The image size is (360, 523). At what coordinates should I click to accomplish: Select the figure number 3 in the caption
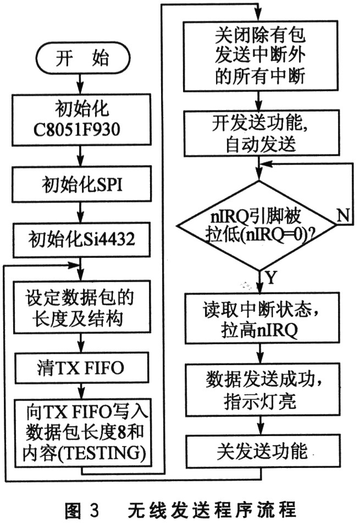[x=95, y=510]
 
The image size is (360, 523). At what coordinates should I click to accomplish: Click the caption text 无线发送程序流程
[x=212, y=509]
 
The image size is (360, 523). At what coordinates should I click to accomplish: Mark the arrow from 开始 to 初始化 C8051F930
[x=80, y=84]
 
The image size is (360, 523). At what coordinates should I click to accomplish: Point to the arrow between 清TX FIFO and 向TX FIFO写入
[x=81, y=391]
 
